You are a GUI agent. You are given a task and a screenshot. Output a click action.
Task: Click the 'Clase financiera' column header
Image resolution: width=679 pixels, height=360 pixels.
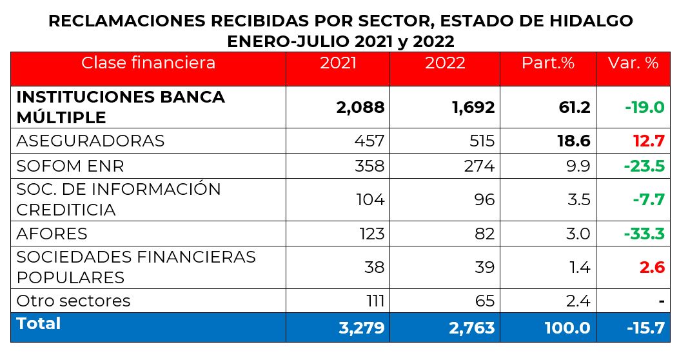point(148,63)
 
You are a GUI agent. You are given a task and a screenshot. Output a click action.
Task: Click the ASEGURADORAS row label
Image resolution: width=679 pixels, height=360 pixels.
point(90,141)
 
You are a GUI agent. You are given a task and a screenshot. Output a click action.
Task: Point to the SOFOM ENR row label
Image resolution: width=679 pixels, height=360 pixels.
point(70,166)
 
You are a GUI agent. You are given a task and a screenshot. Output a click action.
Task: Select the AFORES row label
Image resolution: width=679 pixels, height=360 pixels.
point(52,233)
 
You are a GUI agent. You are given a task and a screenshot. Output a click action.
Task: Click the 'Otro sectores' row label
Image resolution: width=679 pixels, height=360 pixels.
point(74,301)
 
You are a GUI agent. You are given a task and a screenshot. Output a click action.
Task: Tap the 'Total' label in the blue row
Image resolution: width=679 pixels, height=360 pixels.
point(39,323)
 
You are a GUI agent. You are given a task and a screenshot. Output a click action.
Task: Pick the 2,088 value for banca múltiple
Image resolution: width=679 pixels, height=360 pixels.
point(360,107)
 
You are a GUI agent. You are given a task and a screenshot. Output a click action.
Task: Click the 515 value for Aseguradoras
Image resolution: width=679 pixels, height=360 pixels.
point(480,141)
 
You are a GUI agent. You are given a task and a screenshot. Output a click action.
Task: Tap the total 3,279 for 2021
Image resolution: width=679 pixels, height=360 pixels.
point(361,328)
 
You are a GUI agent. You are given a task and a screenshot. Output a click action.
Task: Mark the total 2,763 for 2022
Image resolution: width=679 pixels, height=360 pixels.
point(471,328)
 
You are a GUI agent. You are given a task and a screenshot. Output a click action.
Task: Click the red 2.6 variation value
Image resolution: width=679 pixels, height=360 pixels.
point(652,266)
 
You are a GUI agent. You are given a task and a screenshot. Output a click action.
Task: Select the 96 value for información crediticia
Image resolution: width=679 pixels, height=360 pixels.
point(485,199)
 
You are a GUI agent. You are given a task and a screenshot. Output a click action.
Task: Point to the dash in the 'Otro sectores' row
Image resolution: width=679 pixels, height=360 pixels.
point(661,301)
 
